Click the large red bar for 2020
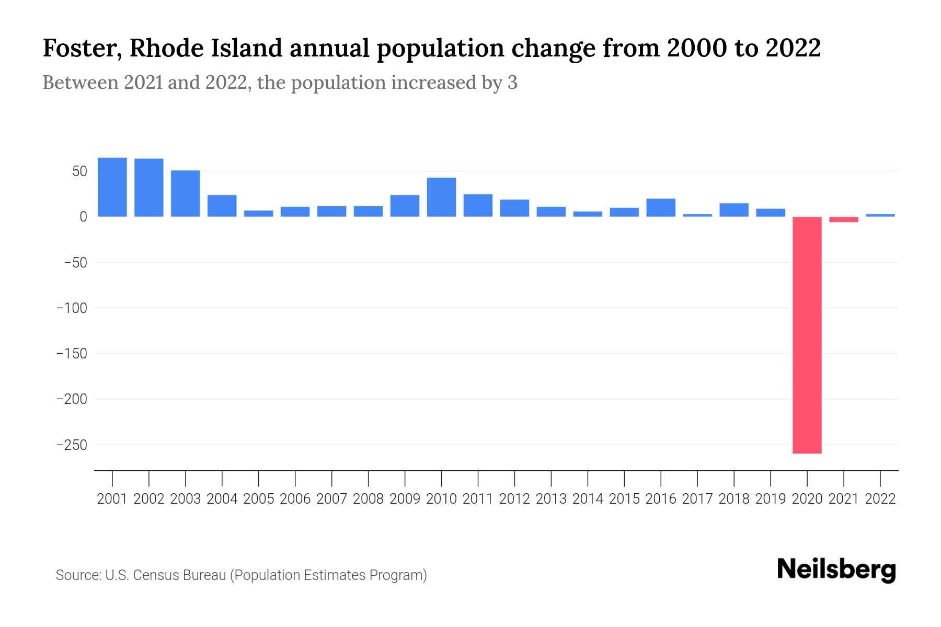tap(807, 334)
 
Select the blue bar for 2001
tap(112, 187)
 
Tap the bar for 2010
tap(441, 197)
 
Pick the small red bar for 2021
tap(843, 219)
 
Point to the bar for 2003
tap(186, 193)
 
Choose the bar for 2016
tap(661, 207)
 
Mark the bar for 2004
tap(222, 206)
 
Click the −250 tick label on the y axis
tap(72, 445)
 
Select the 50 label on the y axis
tap(79, 171)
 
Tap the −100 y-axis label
tap(72, 308)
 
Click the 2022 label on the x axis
tap(880, 499)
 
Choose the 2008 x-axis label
tap(368, 499)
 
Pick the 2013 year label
tap(551, 499)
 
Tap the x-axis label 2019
tap(771, 499)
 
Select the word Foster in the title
tap(80, 48)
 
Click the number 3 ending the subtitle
tap(512, 83)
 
